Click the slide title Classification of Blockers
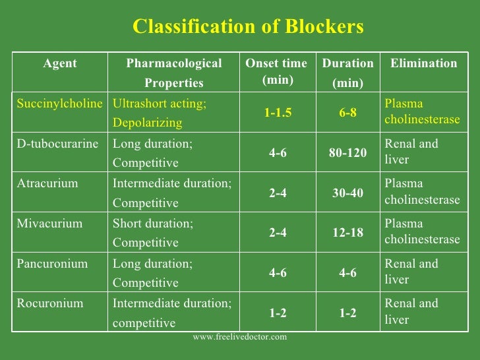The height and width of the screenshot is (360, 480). (x=248, y=26)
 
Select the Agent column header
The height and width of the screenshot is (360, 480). (x=60, y=64)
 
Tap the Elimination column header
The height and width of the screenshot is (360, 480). (x=423, y=64)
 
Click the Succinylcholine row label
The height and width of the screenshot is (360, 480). (x=60, y=104)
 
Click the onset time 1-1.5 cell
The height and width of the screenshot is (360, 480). (x=278, y=113)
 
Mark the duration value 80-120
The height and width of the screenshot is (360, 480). (x=348, y=153)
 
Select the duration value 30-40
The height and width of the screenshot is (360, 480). (x=348, y=193)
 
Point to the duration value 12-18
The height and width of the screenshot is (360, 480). (x=348, y=233)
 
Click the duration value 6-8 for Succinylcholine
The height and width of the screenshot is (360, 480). (x=348, y=113)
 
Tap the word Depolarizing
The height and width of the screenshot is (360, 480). (x=148, y=123)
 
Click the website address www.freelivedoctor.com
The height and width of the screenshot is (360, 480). (x=240, y=337)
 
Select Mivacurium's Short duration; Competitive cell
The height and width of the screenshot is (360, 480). (x=154, y=233)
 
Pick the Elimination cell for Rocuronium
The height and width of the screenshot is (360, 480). (x=411, y=312)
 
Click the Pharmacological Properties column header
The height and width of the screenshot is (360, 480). (x=174, y=73)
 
